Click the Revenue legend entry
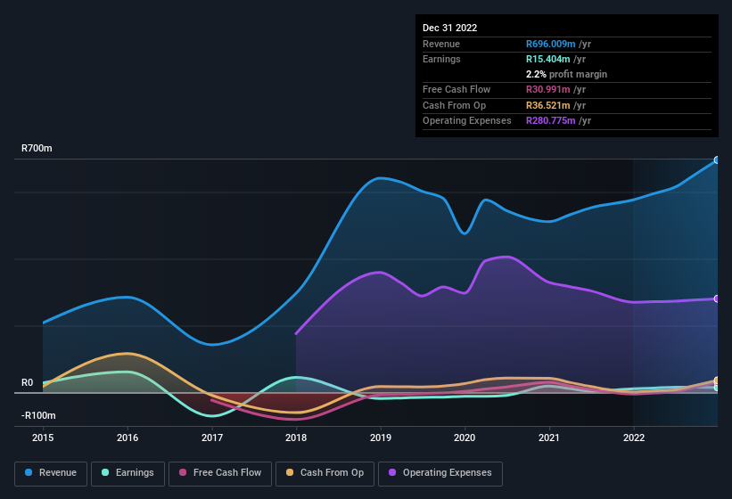click(50, 473)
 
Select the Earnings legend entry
click(128, 473)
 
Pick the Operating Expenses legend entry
click(440, 473)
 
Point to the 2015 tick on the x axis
click(43, 438)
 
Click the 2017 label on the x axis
click(212, 438)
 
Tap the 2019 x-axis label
click(381, 438)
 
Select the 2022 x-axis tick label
click(634, 438)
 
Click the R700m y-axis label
click(37, 148)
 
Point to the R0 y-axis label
click(28, 382)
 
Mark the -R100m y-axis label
click(38, 415)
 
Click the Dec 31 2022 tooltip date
click(450, 28)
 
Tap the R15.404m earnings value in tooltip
click(549, 59)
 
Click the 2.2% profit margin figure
click(538, 74)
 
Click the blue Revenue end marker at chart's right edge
click(717, 160)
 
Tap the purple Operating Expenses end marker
click(717, 299)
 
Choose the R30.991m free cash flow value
click(549, 90)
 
